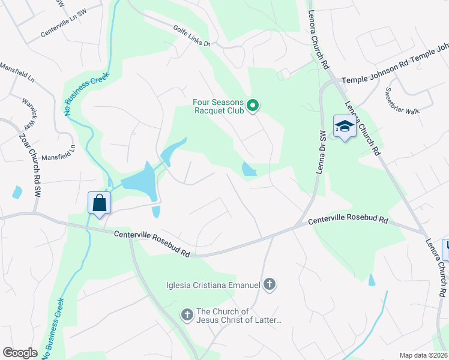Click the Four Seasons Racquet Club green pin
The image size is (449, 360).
click(253, 106)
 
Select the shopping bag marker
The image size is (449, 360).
click(99, 203)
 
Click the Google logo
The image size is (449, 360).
click(20, 353)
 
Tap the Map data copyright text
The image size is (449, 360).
click(423, 355)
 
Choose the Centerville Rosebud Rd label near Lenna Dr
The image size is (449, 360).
click(348, 221)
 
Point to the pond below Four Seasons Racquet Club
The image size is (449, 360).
click(249, 170)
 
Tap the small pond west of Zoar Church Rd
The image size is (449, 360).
click(17, 192)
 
